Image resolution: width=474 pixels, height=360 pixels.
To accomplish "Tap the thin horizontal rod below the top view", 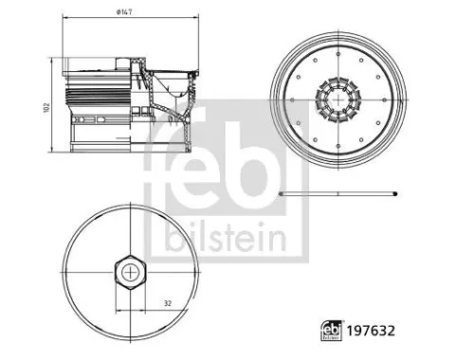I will [x=337, y=193].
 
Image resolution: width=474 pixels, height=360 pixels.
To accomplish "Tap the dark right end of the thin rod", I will [x=392, y=193].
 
